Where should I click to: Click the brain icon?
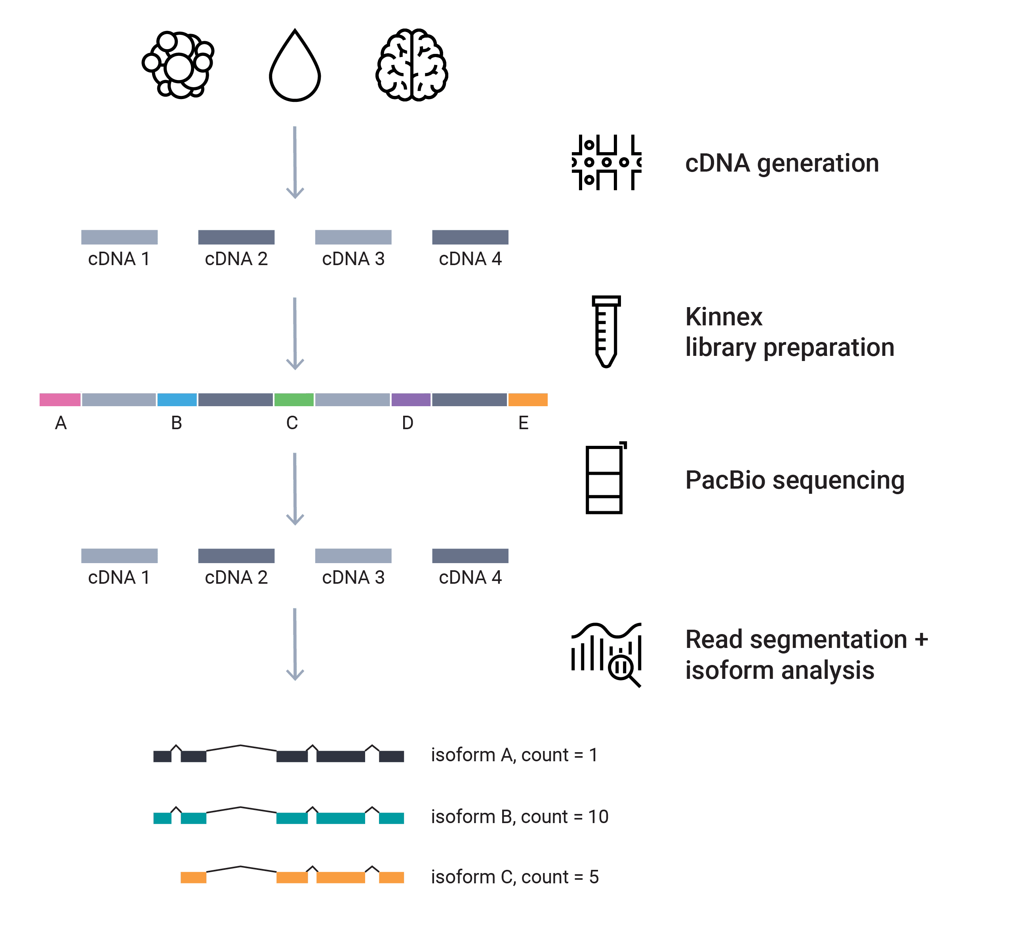[x=411, y=65]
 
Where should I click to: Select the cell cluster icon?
[x=178, y=65]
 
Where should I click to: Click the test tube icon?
[x=606, y=331]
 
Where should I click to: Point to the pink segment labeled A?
[x=60, y=399]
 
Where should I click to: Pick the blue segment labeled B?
[x=177, y=399]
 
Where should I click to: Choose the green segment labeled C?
[x=294, y=399]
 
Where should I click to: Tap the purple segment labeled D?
[x=411, y=399]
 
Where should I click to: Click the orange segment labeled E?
[x=528, y=399]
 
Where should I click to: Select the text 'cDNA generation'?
[x=782, y=164]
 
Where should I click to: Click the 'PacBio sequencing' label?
[x=794, y=480]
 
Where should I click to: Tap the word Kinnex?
[x=724, y=317]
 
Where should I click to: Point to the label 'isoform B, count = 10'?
[x=520, y=817]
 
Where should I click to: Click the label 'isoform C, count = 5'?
[x=514, y=877]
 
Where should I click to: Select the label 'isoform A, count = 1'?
[x=514, y=755]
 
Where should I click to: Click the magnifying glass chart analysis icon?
[x=606, y=655]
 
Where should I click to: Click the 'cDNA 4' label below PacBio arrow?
[x=470, y=577]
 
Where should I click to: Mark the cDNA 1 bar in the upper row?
[x=119, y=237]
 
